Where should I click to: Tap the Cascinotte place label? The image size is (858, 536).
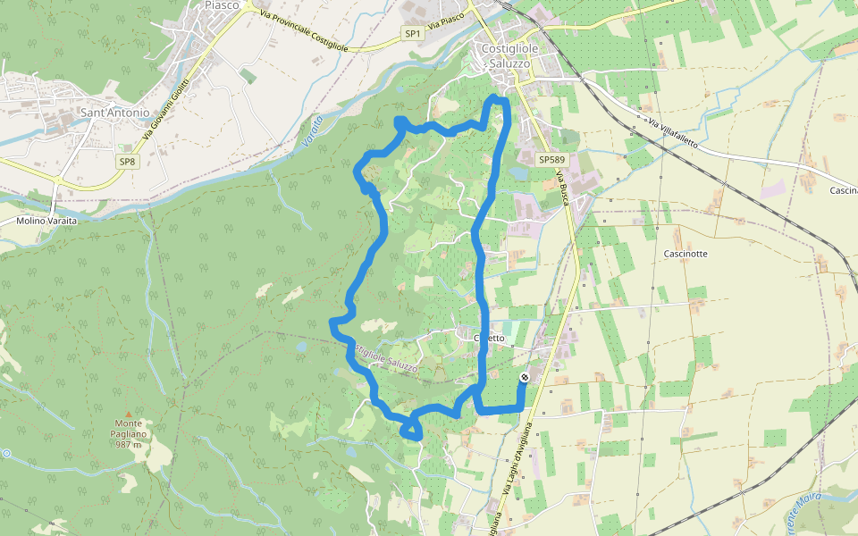point(686,254)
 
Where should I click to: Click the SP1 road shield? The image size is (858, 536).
point(412,33)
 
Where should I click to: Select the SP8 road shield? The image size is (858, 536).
point(127,162)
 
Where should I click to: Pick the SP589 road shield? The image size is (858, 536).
point(551,158)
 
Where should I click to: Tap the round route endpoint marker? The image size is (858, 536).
point(525,378)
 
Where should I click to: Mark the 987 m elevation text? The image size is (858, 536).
point(129,445)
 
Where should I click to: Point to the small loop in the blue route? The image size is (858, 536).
point(411,430)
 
